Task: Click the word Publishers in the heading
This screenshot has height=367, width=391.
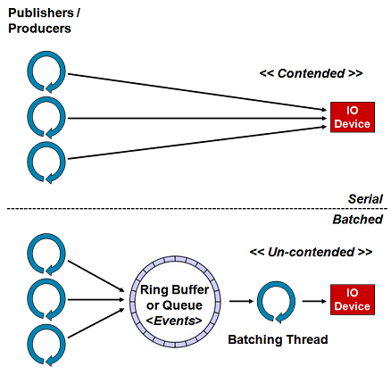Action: (x=41, y=13)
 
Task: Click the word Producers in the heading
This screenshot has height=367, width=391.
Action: (x=39, y=29)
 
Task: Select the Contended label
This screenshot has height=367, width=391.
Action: (x=311, y=73)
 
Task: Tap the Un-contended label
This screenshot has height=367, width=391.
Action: (x=311, y=252)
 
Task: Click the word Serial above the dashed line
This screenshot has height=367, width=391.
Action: (x=365, y=199)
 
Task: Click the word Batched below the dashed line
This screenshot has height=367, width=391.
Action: (x=358, y=220)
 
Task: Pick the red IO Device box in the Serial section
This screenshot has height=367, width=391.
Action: (x=353, y=117)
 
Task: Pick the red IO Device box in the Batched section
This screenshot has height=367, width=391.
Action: (x=353, y=299)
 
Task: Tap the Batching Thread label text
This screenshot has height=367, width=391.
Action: (x=278, y=339)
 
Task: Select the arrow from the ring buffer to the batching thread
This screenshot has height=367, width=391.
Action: (x=241, y=301)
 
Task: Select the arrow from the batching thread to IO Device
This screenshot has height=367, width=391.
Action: (x=314, y=301)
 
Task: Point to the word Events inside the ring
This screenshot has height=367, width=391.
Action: (x=174, y=321)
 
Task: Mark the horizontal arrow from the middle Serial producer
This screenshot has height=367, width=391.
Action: (x=197, y=118)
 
